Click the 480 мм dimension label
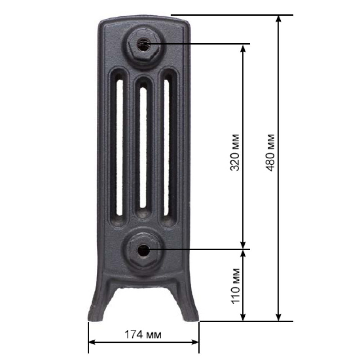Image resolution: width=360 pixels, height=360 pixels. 270,153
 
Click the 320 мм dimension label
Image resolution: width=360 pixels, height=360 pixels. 234,153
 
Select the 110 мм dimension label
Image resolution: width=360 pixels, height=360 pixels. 235,286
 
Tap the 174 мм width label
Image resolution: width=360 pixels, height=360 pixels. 143,334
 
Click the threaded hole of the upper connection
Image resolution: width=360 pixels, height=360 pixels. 143,44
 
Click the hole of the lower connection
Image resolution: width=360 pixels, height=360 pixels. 143,251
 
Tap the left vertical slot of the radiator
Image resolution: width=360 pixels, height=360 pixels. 119,148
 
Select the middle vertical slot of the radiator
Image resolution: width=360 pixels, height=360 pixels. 143,148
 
